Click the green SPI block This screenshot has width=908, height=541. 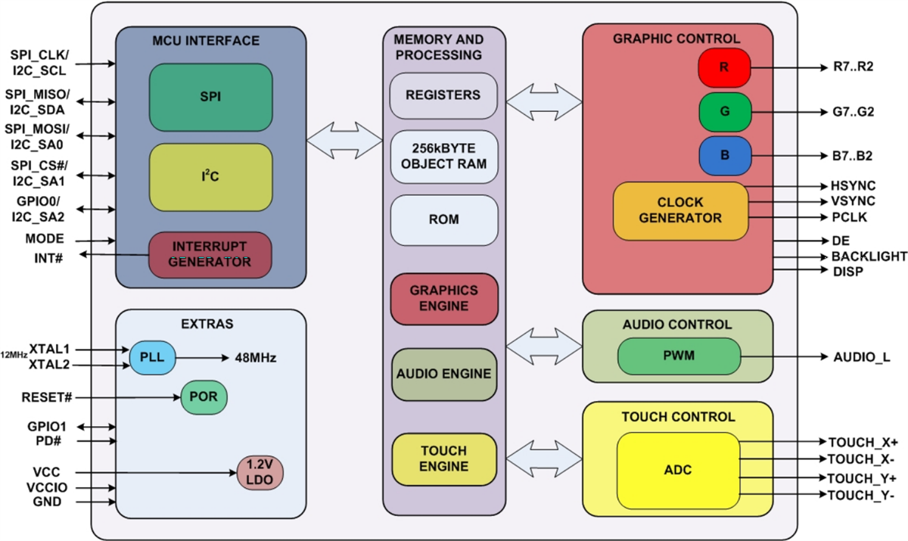(x=210, y=98)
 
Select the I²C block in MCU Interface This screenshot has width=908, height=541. (x=210, y=178)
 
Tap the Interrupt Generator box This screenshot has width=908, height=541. (x=210, y=253)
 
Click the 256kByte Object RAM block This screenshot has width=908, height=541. (x=444, y=157)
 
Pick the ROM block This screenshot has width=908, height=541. (x=444, y=219)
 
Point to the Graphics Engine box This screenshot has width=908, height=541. (x=444, y=298)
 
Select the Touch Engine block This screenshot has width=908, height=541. (x=444, y=459)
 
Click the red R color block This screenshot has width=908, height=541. (x=724, y=67)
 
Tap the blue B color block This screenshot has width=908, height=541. (x=724, y=154)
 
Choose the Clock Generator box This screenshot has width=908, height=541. (x=680, y=210)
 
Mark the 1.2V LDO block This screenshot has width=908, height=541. (x=260, y=472)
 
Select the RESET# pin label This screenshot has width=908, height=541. (x=46, y=397)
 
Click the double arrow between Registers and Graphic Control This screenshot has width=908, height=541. (x=543, y=96)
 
